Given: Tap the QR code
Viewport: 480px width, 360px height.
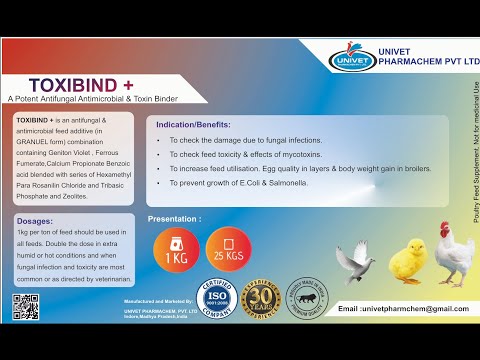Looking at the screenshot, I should click(x=26, y=306).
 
